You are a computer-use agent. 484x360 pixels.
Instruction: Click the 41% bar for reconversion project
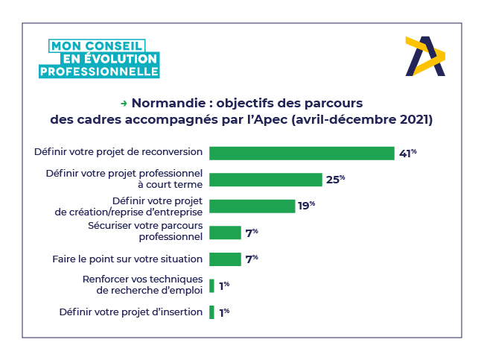(302, 153)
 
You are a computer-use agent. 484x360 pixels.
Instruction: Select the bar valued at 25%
(265, 180)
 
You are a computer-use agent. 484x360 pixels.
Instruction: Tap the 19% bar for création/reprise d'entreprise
(252, 206)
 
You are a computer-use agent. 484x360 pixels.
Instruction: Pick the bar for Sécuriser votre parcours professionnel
(225, 233)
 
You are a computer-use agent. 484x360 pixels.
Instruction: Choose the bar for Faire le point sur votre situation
(225, 259)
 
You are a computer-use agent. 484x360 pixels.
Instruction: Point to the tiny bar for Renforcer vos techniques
(211, 285)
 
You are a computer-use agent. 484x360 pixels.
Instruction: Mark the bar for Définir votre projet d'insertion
(211, 312)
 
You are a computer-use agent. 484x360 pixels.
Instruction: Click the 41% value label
(407, 154)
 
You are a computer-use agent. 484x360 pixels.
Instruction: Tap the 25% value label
(336, 180)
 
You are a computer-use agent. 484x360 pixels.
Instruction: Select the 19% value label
(307, 206)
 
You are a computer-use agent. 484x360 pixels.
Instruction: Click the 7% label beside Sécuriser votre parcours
(252, 233)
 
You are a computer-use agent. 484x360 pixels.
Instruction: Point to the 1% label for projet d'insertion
(223, 313)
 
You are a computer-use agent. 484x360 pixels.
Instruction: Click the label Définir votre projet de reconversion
(118, 152)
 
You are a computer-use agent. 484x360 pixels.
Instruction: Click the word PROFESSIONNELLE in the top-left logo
(99, 72)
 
